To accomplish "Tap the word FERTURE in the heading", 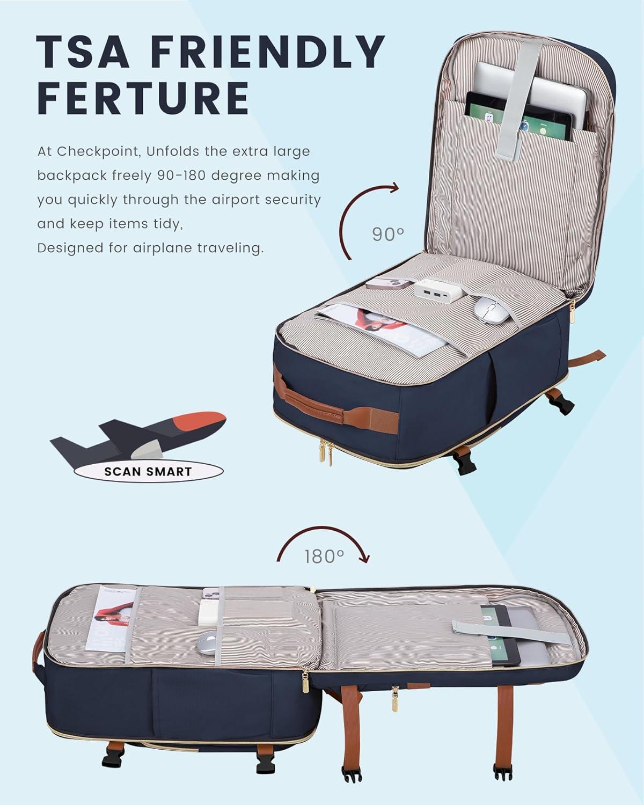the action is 143,98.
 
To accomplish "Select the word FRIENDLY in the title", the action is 268,52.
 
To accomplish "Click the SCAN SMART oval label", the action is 149,471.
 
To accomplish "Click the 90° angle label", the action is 388,235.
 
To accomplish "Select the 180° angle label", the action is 324,556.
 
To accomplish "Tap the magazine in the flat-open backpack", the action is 112,618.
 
